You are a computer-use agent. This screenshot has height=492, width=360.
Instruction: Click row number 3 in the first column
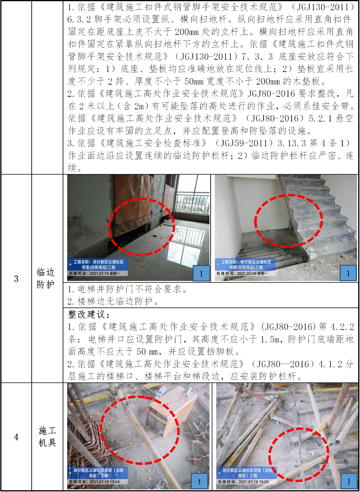click(x=16, y=279)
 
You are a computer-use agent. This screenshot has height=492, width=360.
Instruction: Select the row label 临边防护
click(x=45, y=279)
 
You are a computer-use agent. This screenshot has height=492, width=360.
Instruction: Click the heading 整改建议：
click(x=89, y=314)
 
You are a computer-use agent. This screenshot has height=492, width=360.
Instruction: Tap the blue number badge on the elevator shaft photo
click(x=201, y=273)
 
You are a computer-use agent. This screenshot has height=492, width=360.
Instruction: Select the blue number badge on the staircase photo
click(x=348, y=273)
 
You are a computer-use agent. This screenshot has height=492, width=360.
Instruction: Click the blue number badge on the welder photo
click(x=199, y=482)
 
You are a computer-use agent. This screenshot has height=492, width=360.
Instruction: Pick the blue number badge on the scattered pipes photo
click(x=348, y=482)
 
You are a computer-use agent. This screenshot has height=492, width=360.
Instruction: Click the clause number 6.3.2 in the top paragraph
click(x=79, y=19)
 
